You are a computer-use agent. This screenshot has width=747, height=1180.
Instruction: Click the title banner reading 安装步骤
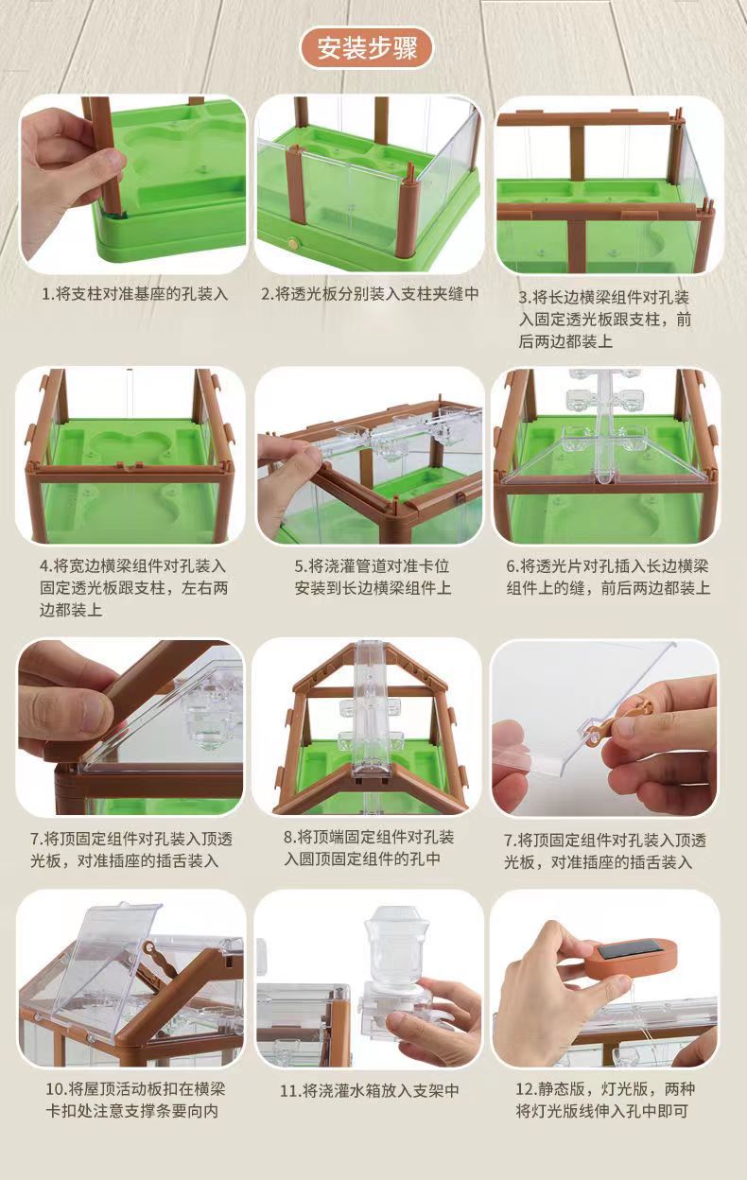pos(367,48)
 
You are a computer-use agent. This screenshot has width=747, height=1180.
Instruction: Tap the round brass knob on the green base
pos(291,243)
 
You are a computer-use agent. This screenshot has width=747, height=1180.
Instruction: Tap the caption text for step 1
pos(135,294)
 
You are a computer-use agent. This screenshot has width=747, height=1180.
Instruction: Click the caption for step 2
pos(371,293)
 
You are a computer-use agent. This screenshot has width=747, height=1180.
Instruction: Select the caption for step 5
pos(373,577)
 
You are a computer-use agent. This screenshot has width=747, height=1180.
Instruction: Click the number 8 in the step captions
pos(288,837)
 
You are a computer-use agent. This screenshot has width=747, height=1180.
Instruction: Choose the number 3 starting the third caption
pos(523,298)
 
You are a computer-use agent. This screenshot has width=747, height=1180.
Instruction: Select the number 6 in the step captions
pos(511,566)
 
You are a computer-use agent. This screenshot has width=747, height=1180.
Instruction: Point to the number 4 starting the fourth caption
pos(44,566)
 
